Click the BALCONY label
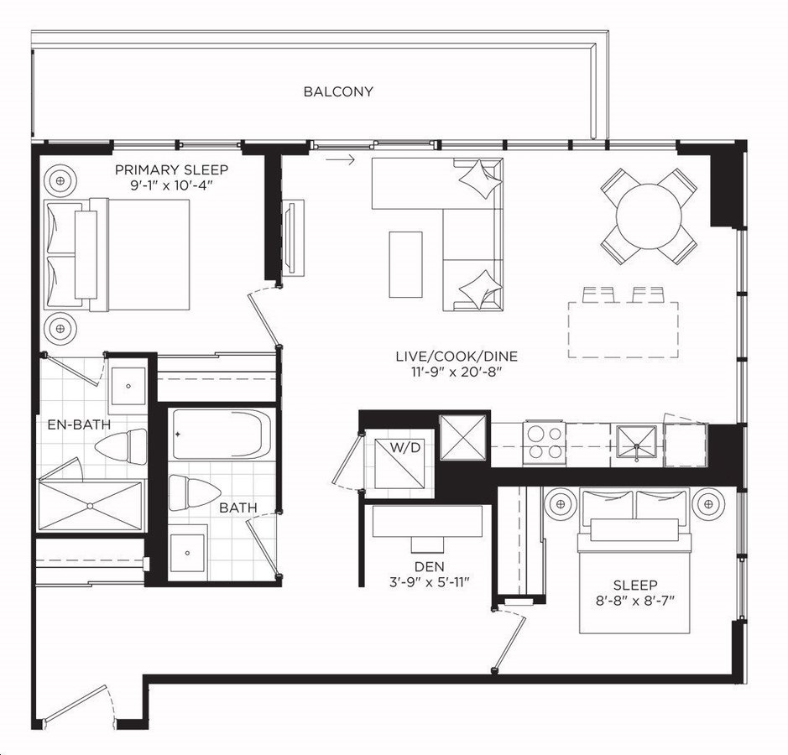click(x=338, y=91)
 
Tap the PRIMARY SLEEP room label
click(x=171, y=169)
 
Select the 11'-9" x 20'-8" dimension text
click(x=457, y=372)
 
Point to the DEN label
click(x=429, y=566)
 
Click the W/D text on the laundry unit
click(x=405, y=446)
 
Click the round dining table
click(x=649, y=216)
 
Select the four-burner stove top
click(x=545, y=441)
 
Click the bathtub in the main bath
click(x=222, y=434)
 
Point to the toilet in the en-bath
click(x=121, y=446)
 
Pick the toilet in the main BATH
click(x=195, y=492)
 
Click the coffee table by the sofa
click(x=405, y=264)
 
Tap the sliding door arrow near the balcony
click(x=340, y=159)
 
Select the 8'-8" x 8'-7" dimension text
click(x=634, y=601)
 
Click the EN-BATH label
click(x=79, y=424)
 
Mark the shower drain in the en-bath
click(x=91, y=505)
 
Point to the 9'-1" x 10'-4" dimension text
click(x=171, y=185)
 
